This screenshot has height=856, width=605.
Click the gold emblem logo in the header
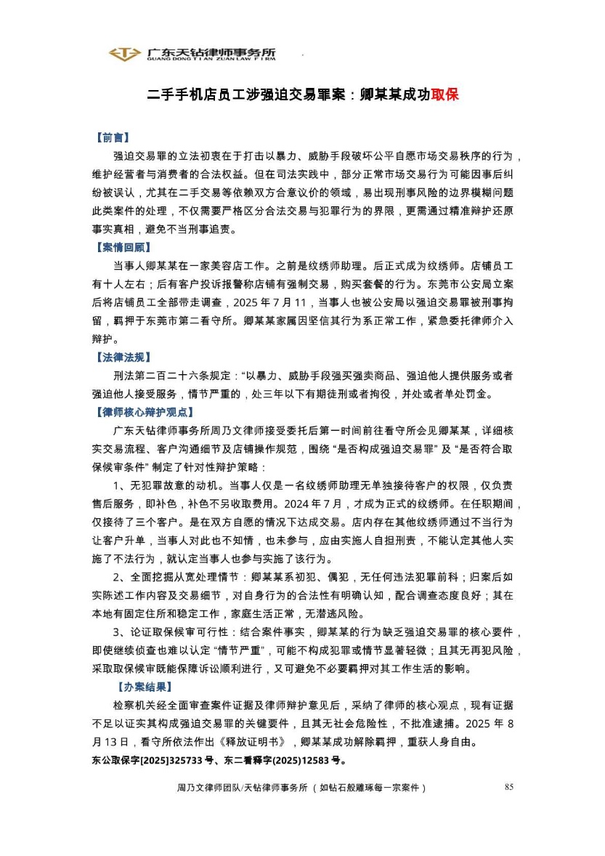pos(125,54)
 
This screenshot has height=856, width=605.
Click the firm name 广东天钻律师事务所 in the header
pos(211,53)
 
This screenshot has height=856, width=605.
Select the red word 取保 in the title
pos(444,95)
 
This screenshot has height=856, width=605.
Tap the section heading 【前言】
pos(112,137)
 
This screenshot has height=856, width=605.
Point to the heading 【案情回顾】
pos(122,247)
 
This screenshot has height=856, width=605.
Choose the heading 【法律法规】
pos(122,357)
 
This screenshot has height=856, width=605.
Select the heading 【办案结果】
pos(144,686)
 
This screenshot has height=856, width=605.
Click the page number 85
pos(508,787)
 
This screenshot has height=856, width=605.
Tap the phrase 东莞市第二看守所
pos(182,320)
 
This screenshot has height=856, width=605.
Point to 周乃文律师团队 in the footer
pos(207,788)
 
